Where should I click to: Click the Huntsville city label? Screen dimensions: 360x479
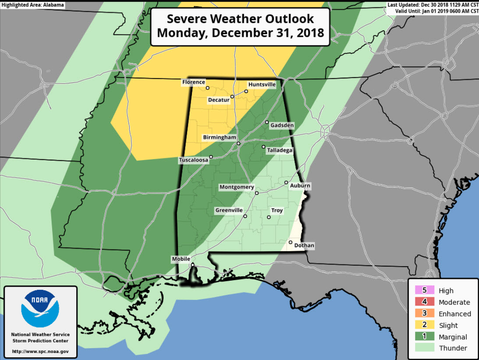pos(262,84)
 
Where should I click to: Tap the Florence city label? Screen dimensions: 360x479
pos(193,82)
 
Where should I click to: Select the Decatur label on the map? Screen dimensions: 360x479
pos(219,100)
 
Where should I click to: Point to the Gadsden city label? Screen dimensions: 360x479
pos(282,125)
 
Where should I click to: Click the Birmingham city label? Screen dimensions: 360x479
pos(219,138)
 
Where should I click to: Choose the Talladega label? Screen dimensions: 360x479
pos(280,150)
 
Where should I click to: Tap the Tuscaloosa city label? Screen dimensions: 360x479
pos(193,160)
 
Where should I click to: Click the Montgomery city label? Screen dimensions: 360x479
pos(237,187)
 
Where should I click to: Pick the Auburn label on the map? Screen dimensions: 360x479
pos(300,186)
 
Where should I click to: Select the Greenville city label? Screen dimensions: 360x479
pos(229,210)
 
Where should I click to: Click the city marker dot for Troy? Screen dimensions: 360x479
pos(269,217)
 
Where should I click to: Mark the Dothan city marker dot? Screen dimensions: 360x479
pos(291,242)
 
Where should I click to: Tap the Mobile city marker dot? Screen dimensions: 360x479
pos(192,265)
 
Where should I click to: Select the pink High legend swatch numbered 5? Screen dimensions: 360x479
pos(424,290)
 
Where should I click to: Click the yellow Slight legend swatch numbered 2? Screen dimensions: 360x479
pos(424,325)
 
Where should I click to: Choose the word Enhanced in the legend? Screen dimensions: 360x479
pos(454,314)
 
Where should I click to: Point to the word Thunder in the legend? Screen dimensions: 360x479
pos(453,348)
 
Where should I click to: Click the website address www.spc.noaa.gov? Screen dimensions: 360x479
pos(40,351)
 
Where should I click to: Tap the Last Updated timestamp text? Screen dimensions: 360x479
pos(433,5)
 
